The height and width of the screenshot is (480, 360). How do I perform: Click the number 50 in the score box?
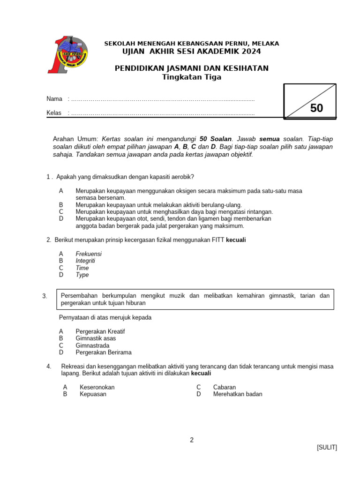pyautogui.click(x=316, y=108)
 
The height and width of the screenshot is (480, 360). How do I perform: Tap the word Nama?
pyautogui.click(x=54, y=99)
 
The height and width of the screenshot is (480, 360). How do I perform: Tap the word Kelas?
pyautogui.click(x=54, y=113)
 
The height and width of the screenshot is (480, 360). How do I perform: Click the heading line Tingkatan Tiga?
pyautogui.click(x=191, y=77)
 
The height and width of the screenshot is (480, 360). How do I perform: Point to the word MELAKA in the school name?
pyautogui.click(x=265, y=44)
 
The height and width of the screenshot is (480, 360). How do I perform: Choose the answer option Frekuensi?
pyautogui.click(x=89, y=254)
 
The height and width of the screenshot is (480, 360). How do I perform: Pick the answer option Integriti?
pyautogui.click(x=85, y=261)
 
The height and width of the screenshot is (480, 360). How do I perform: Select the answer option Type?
pyautogui.click(x=82, y=275)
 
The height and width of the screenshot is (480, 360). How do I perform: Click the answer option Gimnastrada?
pyautogui.click(x=93, y=345)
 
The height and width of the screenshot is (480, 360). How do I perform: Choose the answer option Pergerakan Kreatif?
pyautogui.click(x=100, y=331)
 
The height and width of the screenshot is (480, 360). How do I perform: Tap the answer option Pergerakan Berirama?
pyautogui.click(x=104, y=352)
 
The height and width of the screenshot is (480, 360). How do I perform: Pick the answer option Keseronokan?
pyautogui.click(x=97, y=387)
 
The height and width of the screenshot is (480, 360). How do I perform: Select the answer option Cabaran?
pyautogui.click(x=224, y=387)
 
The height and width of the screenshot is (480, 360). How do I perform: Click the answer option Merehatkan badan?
pyautogui.click(x=238, y=394)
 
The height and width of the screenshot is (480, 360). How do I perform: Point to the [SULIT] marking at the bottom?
pyautogui.click(x=327, y=447)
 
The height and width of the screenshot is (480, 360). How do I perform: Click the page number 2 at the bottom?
pyautogui.click(x=192, y=440)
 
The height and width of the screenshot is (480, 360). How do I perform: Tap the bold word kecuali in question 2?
pyautogui.click(x=236, y=240)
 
